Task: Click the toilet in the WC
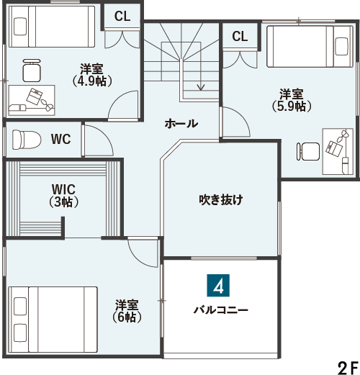[27, 140]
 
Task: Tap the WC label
[61, 139]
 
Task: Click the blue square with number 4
[218, 286]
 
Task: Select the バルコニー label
[221, 310]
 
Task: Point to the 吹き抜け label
[221, 199]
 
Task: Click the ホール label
[181, 124]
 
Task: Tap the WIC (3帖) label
[63, 196]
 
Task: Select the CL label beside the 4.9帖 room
[122, 17]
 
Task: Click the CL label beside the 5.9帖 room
[240, 36]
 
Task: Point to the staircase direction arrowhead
[201, 88]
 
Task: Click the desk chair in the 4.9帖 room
[32, 71]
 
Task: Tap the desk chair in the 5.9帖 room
[308, 152]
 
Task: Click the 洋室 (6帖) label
[127, 311]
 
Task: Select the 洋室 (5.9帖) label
[292, 100]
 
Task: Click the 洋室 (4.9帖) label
[92, 75]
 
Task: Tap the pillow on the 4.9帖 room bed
[20, 27]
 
